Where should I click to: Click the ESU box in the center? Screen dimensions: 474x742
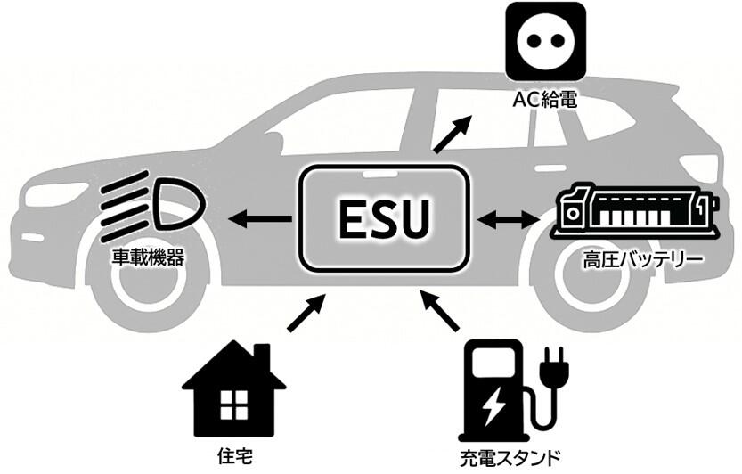(x=384, y=216)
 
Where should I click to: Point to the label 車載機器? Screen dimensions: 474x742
(x=146, y=258)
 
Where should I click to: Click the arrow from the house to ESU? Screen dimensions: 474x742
(x=306, y=315)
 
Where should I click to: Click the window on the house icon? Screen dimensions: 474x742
(x=233, y=406)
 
